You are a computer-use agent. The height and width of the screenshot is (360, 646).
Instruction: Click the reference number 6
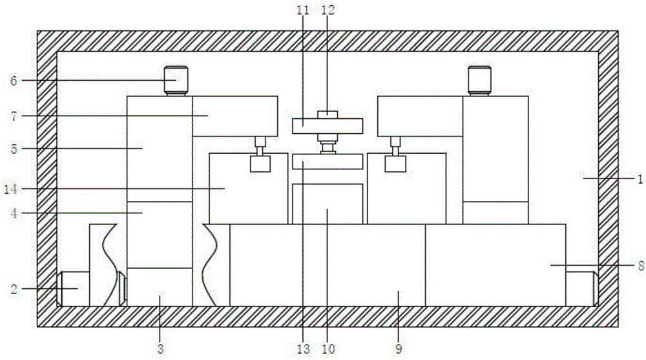tap(14, 81)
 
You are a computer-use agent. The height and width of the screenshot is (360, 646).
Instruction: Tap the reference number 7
tap(14, 116)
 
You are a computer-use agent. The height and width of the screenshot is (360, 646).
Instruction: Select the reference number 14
tap(11, 189)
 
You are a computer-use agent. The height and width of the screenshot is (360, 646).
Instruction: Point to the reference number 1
tap(640, 179)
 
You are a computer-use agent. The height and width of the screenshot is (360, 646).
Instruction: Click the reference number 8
tap(641, 266)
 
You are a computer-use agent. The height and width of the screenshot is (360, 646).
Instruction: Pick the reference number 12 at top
tap(328, 10)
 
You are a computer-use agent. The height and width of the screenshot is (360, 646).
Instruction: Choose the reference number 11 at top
tap(303, 10)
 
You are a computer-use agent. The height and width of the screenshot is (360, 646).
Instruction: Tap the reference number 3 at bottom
tap(160, 349)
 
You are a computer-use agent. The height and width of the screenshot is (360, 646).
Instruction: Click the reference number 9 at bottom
tap(399, 349)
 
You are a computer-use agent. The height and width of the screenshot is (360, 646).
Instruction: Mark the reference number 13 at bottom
tap(303, 349)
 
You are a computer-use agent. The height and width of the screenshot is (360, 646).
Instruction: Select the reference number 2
tap(14, 289)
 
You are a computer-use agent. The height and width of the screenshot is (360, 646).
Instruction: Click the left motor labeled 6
tap(176, 81)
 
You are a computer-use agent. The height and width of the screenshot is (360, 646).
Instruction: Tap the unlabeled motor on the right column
tap(479, 81)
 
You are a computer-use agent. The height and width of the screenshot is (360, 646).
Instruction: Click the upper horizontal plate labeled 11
tap(328, 126)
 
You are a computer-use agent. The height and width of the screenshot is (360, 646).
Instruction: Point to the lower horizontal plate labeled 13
tap(328, 161)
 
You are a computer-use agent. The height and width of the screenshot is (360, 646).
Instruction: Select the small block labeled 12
tap(328, 114)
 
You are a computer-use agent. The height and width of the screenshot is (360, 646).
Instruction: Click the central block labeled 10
tap(328, 204)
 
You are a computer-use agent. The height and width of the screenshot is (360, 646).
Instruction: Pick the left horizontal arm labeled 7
tap(235, 116)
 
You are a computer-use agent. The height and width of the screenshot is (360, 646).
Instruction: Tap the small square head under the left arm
tap(260, 164)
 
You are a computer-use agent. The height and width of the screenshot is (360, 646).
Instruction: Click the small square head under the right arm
tap(395, 164)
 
